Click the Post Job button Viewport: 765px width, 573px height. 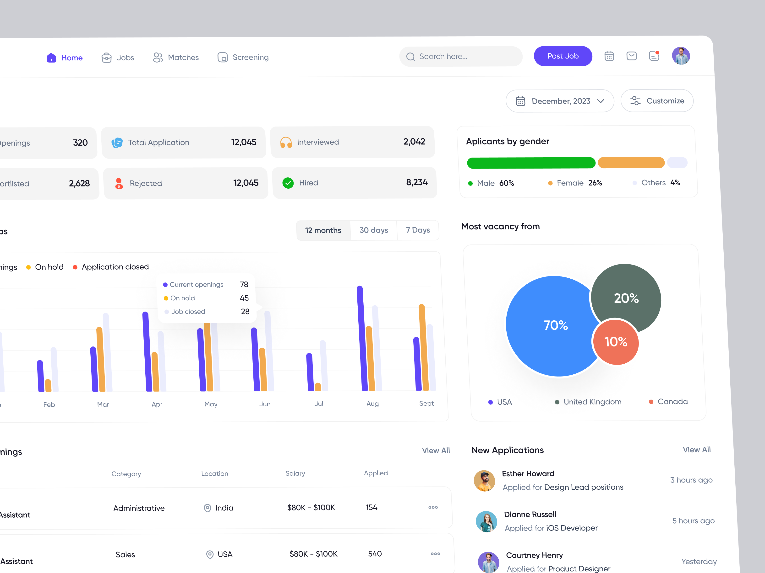563,56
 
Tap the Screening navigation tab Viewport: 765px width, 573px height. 243,57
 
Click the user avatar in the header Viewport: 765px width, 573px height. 681,56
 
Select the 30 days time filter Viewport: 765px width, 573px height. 373,230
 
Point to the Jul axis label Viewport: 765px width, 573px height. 318,403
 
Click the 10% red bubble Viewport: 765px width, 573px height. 616,342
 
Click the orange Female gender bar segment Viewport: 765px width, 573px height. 631,163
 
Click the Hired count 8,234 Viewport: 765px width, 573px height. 416,182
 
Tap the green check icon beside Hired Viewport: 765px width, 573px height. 288,183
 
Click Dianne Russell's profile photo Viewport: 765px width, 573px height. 486,521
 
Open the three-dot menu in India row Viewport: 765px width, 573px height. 433,507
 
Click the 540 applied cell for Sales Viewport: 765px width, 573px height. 375,554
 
